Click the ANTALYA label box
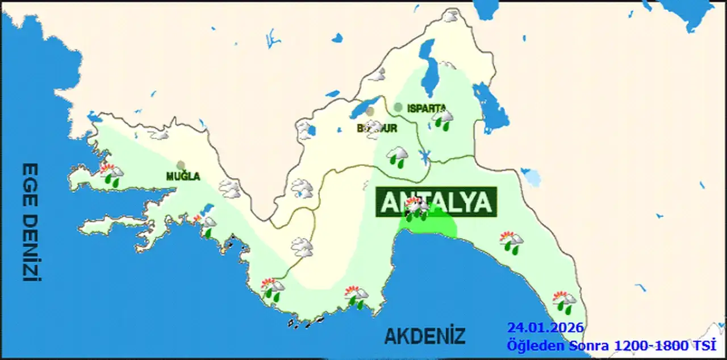point(436,202)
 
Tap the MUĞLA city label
point(183,177)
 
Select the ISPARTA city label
point(426,107)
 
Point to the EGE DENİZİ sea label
point(30,222)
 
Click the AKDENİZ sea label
point(424,336)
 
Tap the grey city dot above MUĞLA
point(181,165)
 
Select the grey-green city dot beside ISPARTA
point(398,107)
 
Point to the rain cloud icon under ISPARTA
point(442,119)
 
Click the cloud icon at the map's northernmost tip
point(451,16)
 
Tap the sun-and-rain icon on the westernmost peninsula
point(112,174)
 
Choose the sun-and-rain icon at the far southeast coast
point(565,301)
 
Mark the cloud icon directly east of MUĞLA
point(229,189)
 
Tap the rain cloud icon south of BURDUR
point(397,156)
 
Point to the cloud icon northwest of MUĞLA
point(158,135)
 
